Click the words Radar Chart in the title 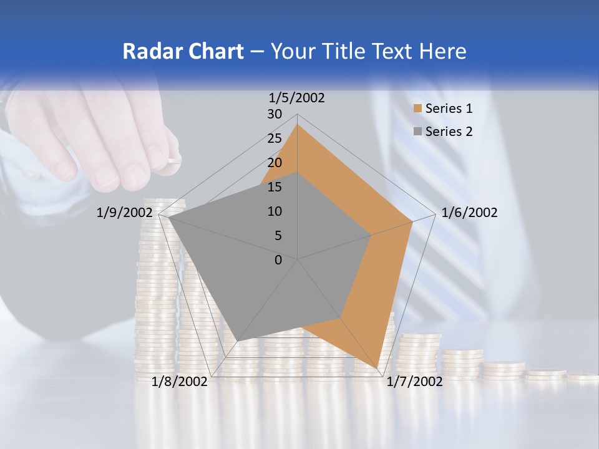(x=183, y=51)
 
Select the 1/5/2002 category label (x=297, y=98)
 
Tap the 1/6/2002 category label (x=469, y=213)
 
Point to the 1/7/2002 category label (x=415, y=382)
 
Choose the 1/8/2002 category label (x=180, y=382)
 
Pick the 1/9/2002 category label (x=125, y=213)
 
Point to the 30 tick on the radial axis (x=275, y=114)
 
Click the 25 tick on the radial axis (x=275, y=138)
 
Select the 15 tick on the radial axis (x=275, y=187)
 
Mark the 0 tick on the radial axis (x=278, y=260)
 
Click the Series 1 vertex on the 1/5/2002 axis (x=298, y=125)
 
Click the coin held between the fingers (x=173, y=161)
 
